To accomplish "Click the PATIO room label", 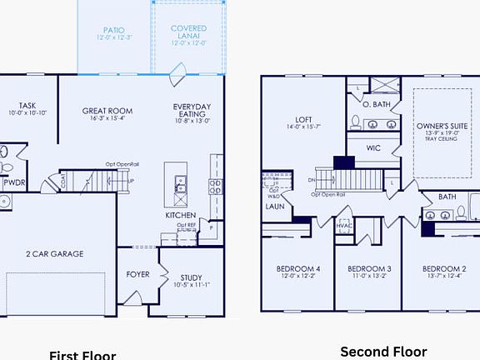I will [x=115, y=29].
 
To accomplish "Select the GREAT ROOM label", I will [x=107, y=111].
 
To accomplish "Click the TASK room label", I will [x=27, y=106].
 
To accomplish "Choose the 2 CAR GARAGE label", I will [x=55, y=253].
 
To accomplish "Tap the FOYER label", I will [x=137, y=273].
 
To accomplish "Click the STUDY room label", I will [x=192, y=278].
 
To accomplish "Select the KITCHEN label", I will [x=180, y=215].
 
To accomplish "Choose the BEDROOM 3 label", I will [x=368, y=268].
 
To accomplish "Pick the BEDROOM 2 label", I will [x=443, y=268].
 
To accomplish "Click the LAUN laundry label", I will [x=275, y=205].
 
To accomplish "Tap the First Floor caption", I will [x=82, y=354].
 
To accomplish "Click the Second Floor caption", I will [x=383, y=352].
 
